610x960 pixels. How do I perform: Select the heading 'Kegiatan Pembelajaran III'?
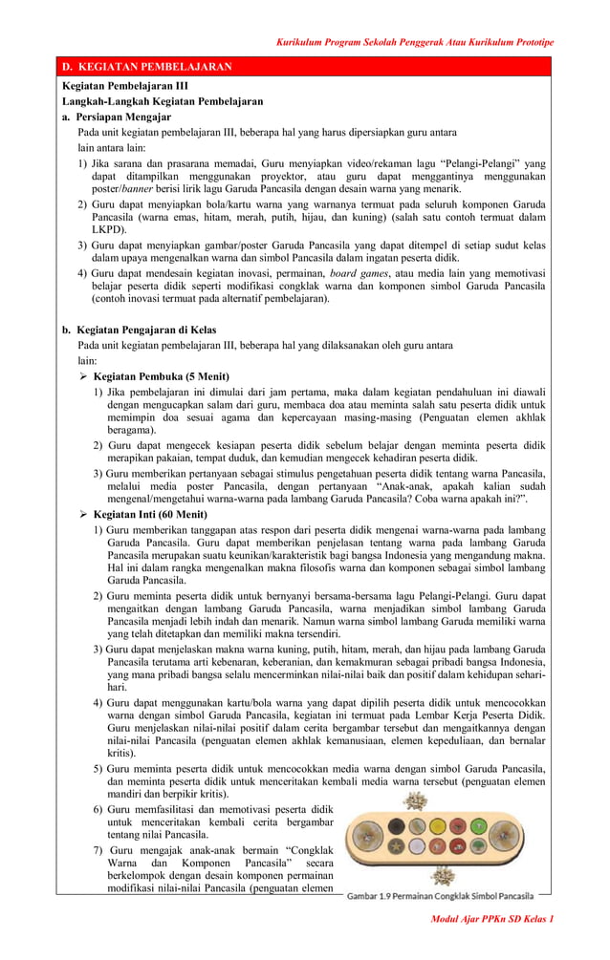tap(125, 86)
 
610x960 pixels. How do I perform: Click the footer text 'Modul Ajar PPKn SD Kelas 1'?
tap(492, 918)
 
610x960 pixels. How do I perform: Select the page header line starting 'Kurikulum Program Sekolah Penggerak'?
tap(415, 42)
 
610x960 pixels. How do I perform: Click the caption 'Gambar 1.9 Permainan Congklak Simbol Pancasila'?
tap(440, 896)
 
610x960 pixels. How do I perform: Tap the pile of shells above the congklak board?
tap(414, 800)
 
